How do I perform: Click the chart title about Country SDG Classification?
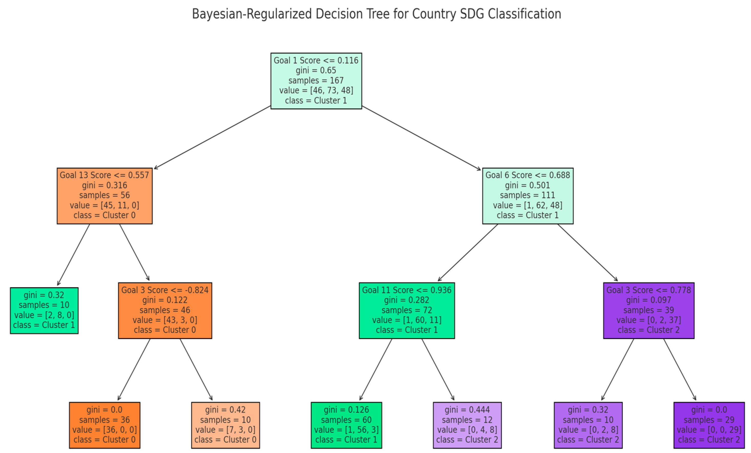376,14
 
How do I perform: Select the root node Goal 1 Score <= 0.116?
316,81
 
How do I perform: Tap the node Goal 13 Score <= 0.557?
105,196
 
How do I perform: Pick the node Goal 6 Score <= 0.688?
528,196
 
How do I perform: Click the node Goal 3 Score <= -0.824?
165,310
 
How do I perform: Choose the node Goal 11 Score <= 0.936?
407,310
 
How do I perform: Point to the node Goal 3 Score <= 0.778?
649,310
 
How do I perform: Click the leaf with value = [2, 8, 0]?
44,310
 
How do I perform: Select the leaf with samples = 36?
105,425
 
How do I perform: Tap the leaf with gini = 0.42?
225,425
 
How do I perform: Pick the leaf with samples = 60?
346,425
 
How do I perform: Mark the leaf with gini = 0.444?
467,425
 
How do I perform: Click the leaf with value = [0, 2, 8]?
588,425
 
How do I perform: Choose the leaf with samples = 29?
709,425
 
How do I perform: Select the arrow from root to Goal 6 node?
421,138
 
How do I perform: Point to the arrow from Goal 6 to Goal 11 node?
468,252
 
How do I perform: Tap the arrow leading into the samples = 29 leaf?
680,369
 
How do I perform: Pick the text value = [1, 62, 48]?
528,205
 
